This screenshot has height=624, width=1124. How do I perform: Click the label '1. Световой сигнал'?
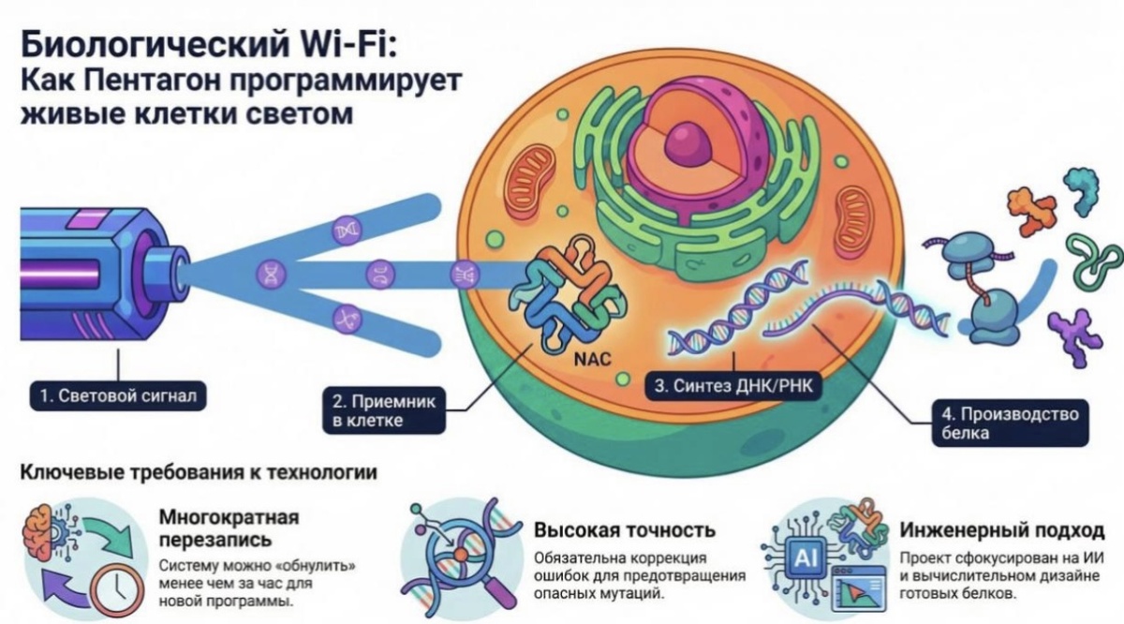[118, 395]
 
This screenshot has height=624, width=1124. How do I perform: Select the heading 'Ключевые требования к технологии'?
[199, 473]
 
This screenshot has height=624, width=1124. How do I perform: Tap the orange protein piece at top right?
[1029, 211]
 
